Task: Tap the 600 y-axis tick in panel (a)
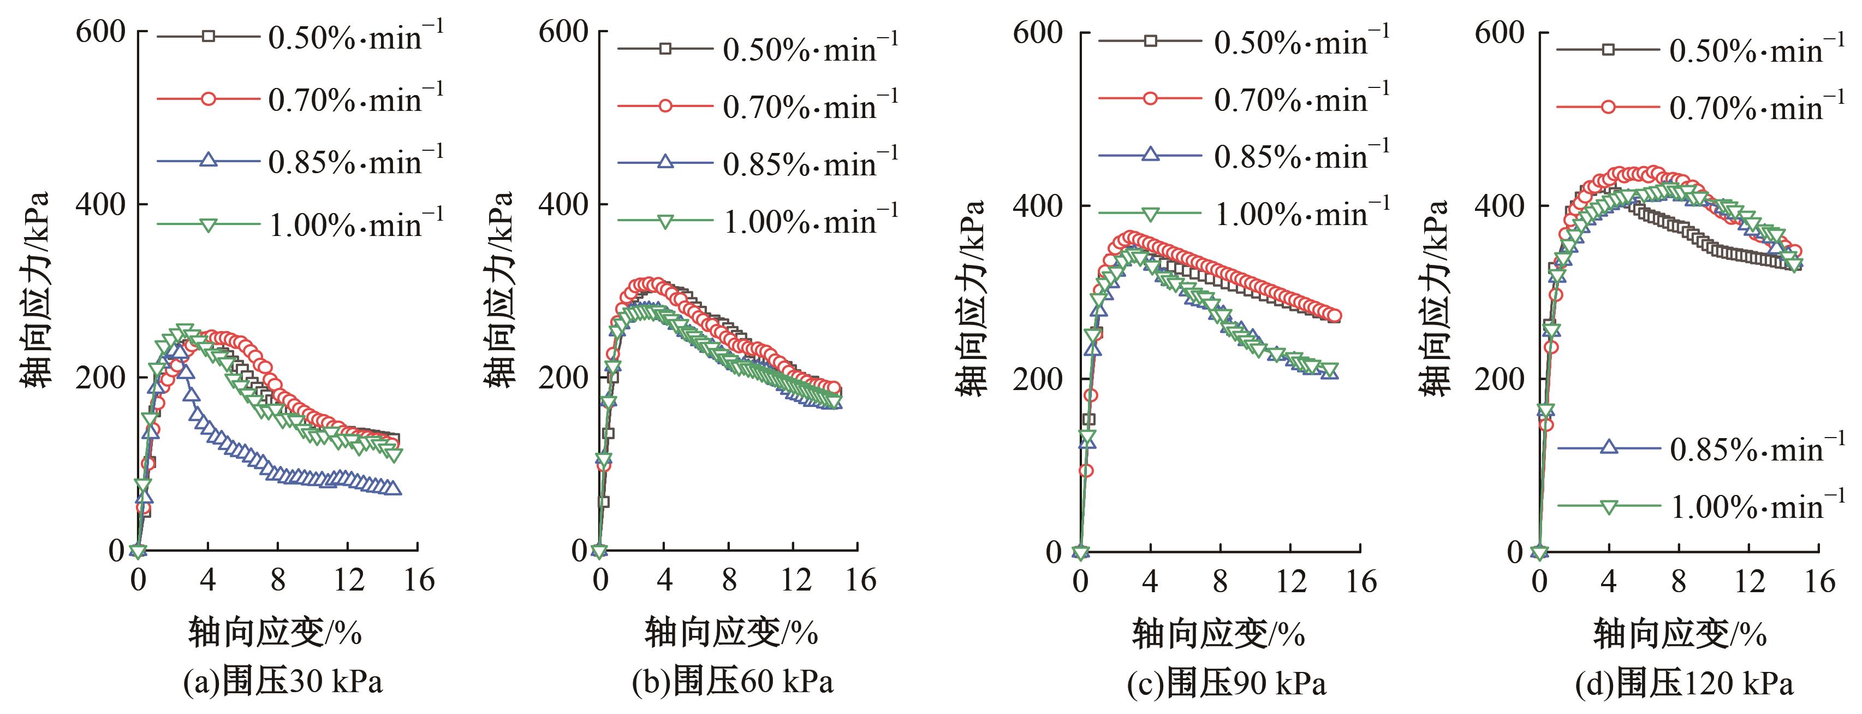[x=100, y=32]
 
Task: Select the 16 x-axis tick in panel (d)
[x=1819, y=581]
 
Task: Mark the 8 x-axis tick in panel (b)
[x=729, y=580]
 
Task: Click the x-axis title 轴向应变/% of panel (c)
[x=1219, y=634]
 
